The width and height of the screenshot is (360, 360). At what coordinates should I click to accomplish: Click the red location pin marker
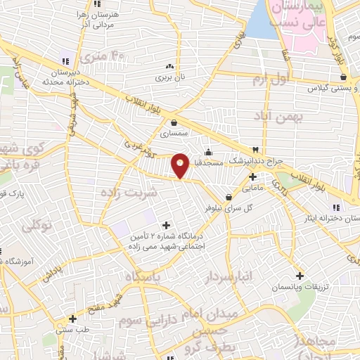181,165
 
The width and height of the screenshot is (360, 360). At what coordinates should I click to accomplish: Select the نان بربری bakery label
169,75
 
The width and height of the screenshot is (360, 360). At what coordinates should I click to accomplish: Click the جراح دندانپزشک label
258,160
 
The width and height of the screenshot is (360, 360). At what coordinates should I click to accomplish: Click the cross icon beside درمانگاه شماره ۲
166,225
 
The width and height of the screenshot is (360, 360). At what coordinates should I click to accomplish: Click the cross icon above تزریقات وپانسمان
300,276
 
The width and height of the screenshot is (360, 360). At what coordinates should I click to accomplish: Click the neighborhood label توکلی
38,226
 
